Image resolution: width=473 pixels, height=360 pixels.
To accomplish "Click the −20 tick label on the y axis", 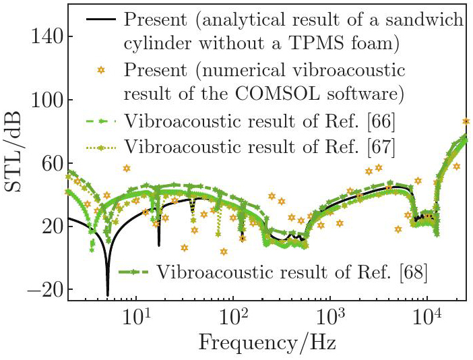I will tap(42, 290).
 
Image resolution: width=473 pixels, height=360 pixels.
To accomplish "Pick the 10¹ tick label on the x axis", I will tap(137, 316).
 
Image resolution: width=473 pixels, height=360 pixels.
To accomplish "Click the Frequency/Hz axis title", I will tap(267, 343).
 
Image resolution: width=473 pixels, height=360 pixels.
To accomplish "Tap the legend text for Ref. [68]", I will tap(293, 272).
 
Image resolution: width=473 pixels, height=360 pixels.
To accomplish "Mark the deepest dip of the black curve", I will tap(108, 295).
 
